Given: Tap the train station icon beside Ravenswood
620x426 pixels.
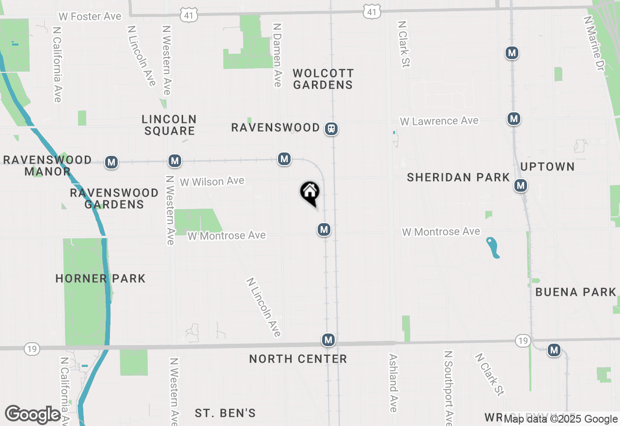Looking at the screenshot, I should tap(331, 129).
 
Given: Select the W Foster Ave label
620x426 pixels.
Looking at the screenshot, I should tap(90, 16).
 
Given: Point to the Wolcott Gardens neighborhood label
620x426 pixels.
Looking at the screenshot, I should tap(323, 79).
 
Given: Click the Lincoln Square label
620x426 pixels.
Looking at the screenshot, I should tap(169, 125).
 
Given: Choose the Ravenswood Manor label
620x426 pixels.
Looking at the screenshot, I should tap(47, 166).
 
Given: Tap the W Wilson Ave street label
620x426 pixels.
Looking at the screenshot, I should tap(212, 182).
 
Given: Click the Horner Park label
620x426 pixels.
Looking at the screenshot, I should tap(100, 278).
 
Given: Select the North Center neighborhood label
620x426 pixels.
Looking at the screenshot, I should tap(298, 359).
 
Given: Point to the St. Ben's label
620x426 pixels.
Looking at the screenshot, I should tap(225, 413).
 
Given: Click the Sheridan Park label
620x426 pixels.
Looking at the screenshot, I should tap(458, 177).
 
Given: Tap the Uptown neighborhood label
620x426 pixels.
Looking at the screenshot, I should tap(547, 167).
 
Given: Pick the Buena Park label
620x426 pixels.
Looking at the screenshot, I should tap(576, 292).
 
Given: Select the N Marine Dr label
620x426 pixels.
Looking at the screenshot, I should tap(595, 44).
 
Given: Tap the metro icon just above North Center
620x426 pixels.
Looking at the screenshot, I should tap(328, 340).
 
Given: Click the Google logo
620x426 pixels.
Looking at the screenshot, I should tap(32, 414).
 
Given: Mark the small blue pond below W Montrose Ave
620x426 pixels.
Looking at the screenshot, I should tap(493, 247).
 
